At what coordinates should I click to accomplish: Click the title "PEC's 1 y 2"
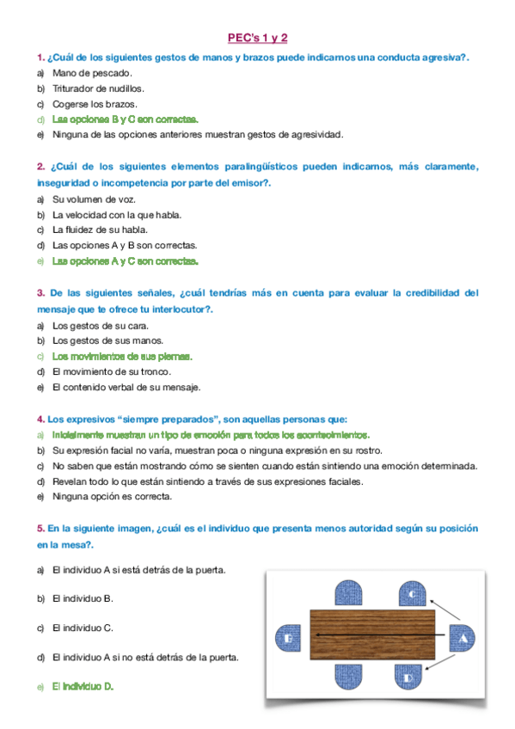pyautogui.click(x=257, y=38)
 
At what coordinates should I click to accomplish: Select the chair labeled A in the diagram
pyautogui.click(x=463, y=639)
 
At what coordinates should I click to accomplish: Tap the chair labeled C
pyautogui.click(x=413, y=593)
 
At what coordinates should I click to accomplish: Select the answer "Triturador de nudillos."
pyautogui.click(x=98, y=89)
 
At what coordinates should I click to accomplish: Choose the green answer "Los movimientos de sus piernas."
pyautogui.click(x=122, y=356)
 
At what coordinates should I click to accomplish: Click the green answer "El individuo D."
pyautogui.click(x=83, y=687)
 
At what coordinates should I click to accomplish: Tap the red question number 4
pyautogui.click(x=40, y=419)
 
